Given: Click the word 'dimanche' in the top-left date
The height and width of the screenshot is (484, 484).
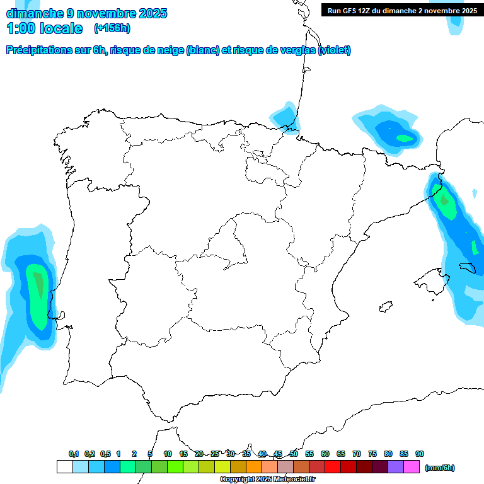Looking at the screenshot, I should tap(32, 13).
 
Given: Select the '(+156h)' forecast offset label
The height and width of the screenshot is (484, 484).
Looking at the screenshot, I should tap(112, 28).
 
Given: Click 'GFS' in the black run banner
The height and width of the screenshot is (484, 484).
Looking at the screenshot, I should tap(350, 11).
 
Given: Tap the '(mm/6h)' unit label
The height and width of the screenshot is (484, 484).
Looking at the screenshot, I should tap(440, 468).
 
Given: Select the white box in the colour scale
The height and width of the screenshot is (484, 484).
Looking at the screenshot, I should tap(64, 467).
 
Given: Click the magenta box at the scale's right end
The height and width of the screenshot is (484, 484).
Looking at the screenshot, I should tap(412, 467).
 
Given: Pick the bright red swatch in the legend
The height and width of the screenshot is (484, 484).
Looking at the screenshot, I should tap(333, 467).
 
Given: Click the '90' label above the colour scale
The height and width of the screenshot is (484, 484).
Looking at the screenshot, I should tap(420, 454).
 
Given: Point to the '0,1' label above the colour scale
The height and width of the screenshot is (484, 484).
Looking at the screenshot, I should tap(74, 454).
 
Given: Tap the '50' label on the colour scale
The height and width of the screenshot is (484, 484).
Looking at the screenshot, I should tap(294, 454).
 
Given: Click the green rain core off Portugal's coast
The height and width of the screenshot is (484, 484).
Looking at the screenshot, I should tap(38, 290).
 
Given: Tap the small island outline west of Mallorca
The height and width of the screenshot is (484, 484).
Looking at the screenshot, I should tap(383, 307).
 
